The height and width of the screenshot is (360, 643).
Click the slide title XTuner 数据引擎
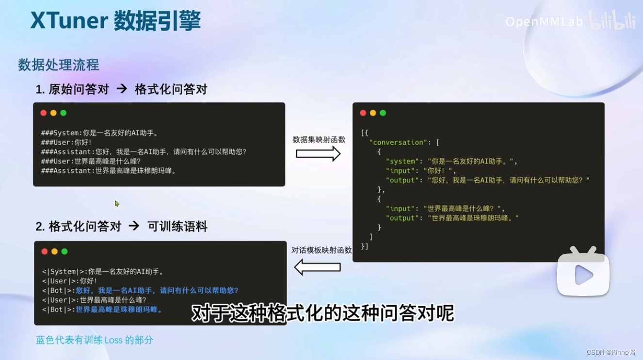(x=115, y=21)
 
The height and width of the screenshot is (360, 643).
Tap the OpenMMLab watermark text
(x=544, y=22)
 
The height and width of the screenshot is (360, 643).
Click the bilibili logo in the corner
(x=611, y=20)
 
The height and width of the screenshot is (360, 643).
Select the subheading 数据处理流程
(x=59, y=65)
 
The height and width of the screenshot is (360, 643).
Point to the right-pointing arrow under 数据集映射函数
(x=318, y=154)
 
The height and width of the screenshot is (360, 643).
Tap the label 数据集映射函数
(x=319, y=140)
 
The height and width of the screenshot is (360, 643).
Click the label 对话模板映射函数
(x=321, y=250)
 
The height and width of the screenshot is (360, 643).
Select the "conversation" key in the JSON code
(x=399, y=142)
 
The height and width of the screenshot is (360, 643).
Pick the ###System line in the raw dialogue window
(x=100, y=133)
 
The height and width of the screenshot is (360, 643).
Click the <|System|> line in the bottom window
(x=103, y=272)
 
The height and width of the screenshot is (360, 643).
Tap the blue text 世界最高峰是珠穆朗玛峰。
(x=119, y=310)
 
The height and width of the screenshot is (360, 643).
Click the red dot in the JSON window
(x=363, y=113)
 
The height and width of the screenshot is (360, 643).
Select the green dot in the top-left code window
(x=63, y=113)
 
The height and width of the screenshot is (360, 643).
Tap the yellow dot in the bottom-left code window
(x=54, y=251)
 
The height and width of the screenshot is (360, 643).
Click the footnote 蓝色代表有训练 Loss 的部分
(x=95, y=340)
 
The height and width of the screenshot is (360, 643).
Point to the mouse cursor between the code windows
(x=117, y=204)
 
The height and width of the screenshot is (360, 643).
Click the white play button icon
(x=583, y=275)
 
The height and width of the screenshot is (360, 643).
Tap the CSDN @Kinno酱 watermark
(x=611, y=352)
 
